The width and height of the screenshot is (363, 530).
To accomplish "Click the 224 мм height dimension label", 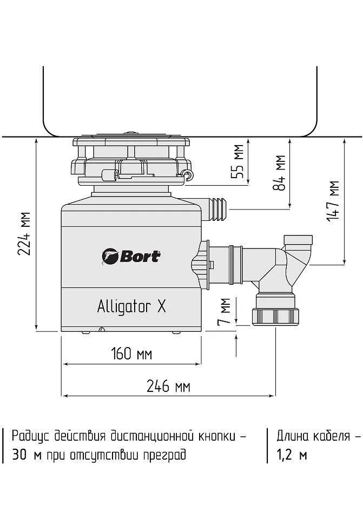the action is pos(25,234).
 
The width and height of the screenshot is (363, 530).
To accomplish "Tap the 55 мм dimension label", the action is pos(237,161).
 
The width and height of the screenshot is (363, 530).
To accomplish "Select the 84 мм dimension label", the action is pos(280,173).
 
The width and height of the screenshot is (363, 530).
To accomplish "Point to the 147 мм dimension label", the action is pos(333,200).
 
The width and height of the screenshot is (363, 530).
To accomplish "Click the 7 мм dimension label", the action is pos(224,311).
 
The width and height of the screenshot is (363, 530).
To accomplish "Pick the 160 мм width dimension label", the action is pos(131,354).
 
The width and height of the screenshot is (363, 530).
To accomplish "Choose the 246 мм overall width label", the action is pos(168,385).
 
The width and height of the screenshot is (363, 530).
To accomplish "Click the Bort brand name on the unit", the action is pos(139,257).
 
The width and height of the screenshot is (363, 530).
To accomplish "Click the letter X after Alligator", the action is pos(162,306).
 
